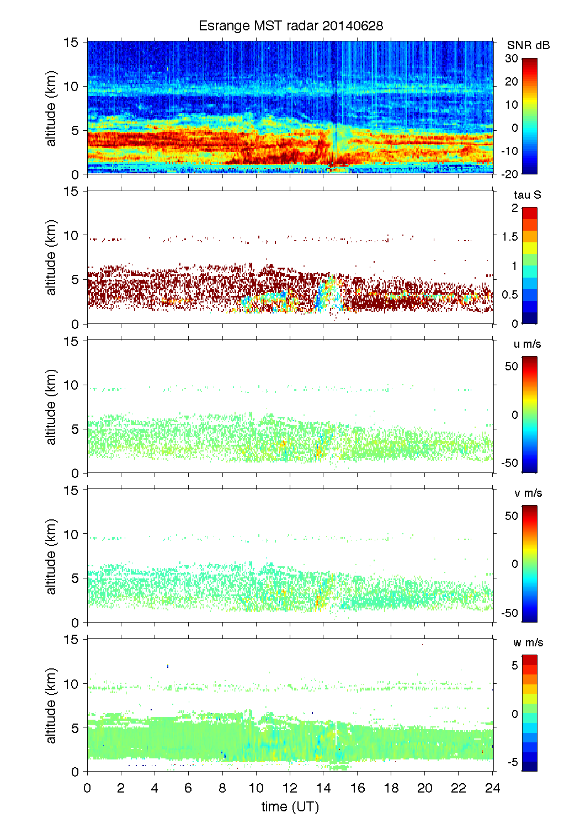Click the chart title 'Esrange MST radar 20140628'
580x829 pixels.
290,26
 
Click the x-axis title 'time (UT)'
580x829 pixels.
290,806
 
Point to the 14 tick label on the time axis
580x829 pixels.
323,788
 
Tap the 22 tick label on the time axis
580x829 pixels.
459,788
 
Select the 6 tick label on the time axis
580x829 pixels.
188,788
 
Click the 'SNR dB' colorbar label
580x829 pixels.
528,45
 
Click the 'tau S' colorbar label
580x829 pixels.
527,195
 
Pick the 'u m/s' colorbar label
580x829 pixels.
527,344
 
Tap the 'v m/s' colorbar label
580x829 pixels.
528,493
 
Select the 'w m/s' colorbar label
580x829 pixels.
528,642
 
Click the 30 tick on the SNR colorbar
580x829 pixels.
512,59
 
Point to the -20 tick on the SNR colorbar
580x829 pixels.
509,174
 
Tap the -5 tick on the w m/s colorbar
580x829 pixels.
512,762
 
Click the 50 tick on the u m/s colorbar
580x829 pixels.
512,366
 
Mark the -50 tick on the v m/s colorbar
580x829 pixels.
509,613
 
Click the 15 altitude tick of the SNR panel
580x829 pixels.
72,42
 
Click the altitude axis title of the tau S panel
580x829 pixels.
51,257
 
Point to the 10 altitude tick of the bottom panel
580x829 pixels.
72,684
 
